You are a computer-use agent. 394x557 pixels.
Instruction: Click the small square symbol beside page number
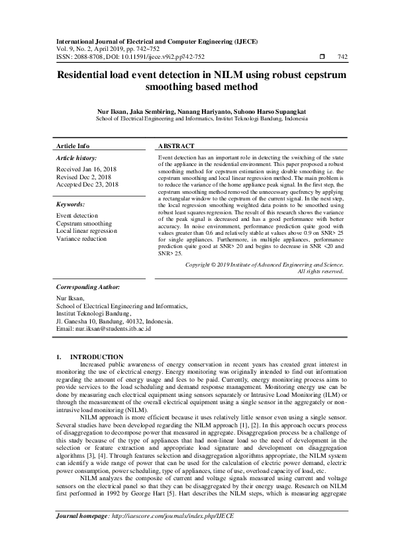(322, 57)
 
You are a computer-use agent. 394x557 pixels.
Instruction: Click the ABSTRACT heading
(177, 146)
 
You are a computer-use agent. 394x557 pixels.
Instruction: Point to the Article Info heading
(73, 146)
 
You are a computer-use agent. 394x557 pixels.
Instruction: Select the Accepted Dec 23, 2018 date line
(87, 185)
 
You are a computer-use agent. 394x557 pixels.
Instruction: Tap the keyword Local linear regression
(87, 231)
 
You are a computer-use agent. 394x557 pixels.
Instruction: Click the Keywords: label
(72, 205)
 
